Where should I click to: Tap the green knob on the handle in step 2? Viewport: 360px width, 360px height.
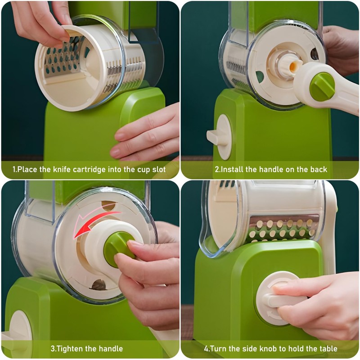[322, 87]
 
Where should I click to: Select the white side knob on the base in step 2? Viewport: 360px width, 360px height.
[220, 137]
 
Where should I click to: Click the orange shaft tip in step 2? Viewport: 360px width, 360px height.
[293, 66]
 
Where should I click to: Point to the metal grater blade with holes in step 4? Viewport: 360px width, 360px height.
[283, 229]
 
